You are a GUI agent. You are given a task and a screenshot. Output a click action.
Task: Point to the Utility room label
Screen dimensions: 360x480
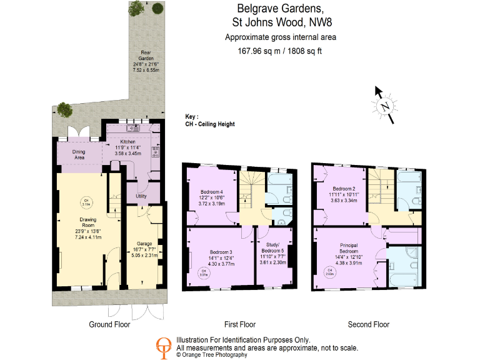pos(141,196)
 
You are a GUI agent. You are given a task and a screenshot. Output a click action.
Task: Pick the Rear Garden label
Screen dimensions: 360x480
pos(146,53)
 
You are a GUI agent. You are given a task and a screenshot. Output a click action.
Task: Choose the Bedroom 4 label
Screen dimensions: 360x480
pos(212,191)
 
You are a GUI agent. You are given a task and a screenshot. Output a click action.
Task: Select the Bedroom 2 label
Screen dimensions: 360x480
pos(344,189)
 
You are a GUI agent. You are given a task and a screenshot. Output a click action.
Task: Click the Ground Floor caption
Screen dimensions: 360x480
pos(109,324)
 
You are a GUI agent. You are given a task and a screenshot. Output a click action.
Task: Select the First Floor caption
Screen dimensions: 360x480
pos(240,324)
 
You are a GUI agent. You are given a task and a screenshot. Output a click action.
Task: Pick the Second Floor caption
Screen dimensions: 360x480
pos(368,324)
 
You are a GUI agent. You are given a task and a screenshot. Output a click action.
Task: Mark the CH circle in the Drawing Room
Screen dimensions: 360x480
pos(86,201)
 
